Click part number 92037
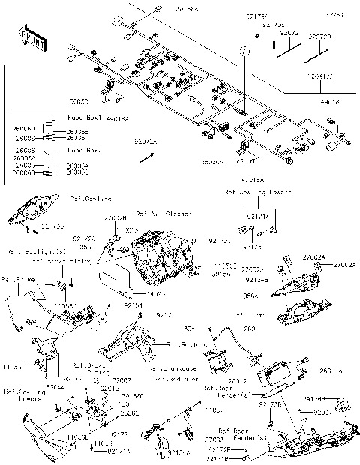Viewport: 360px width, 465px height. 322,412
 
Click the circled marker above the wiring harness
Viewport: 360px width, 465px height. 244,49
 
